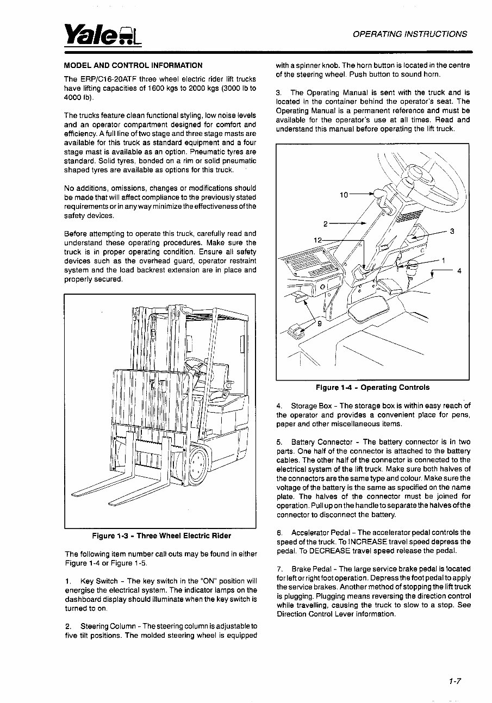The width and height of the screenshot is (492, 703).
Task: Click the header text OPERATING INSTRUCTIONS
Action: pos(409,34)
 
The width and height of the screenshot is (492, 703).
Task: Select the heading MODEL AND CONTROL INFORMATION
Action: pos(133,65)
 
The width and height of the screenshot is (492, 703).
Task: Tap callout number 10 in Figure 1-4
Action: pos(344,194)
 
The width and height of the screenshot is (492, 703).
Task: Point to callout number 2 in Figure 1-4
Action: pos(325,223)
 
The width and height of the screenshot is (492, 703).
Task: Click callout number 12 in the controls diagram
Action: pos(319,240)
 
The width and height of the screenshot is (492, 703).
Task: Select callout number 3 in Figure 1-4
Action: pos(452,232)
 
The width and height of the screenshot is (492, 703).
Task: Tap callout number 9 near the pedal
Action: pos(320,324)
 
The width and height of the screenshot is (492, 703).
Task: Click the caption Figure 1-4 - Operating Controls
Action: pos(372,388)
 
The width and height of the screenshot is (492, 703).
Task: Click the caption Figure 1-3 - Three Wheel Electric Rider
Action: pos(161,536)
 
